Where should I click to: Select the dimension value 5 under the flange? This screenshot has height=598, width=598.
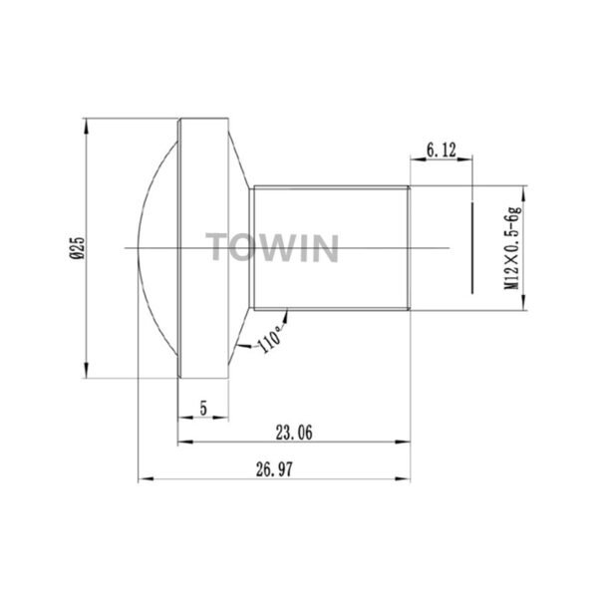[203, 408]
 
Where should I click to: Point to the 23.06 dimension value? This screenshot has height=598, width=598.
[293, 432]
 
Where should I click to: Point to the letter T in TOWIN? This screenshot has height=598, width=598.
[216, 247]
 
